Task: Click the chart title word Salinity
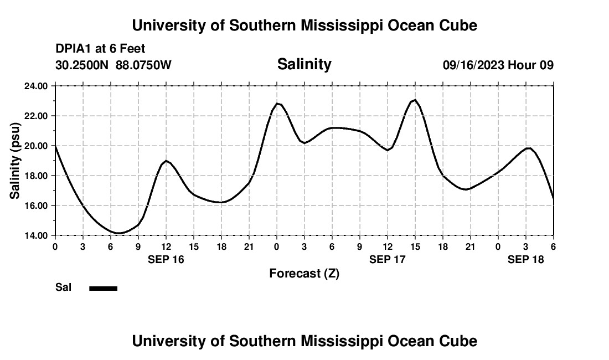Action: (304, 64)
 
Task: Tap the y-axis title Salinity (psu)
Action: (15, 161)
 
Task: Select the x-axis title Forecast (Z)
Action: (304, 273)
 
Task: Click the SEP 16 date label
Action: (166, 259)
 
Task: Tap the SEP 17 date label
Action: (387, 259)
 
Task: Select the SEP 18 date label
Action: (525, 259)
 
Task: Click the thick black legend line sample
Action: (104, 288)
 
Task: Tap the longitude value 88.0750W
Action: (143, 65)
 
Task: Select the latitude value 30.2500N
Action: (82, 65)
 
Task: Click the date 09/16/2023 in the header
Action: (473, 65)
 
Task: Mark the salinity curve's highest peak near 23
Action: (415, 100)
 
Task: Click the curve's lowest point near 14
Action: (118, 233)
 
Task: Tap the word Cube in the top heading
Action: (457, 25)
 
